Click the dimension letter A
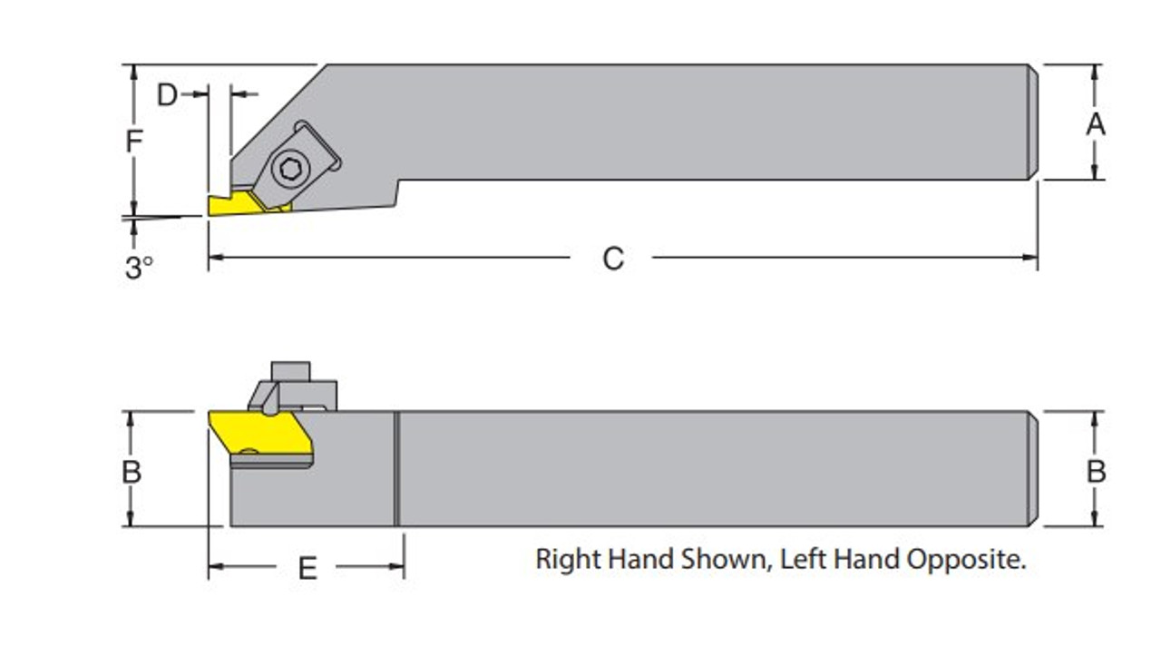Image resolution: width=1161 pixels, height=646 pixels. pos(1096,123)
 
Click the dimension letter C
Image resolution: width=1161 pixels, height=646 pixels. pos(613,259)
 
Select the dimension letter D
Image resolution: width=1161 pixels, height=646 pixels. pos(167,94)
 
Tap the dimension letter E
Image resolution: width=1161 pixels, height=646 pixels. pos(307,569)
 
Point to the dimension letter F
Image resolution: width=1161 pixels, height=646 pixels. pos(133,142)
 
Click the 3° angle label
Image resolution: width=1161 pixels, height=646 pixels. pos(139,268)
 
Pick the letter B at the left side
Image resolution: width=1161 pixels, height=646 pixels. pos(132,472)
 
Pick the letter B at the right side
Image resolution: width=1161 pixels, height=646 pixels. pos(1096,472)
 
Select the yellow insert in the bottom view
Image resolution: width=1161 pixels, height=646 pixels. pos(259,433)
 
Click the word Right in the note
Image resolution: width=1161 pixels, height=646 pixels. pos(568,559)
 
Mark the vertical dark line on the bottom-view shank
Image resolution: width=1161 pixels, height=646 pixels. pos(396,468)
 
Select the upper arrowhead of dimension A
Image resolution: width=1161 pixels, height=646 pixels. pos(1096,71)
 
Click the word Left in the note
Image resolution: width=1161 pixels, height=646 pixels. pos(800,559)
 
